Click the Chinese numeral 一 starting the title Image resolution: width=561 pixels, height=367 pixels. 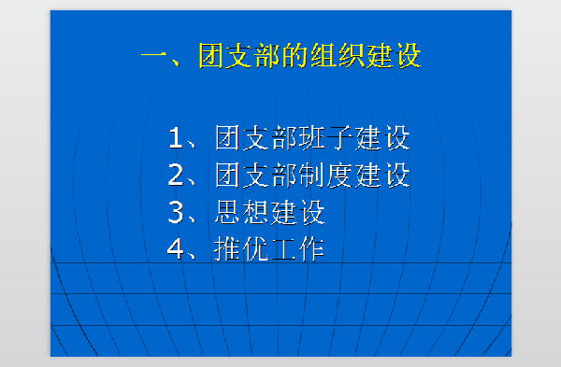(154, 56)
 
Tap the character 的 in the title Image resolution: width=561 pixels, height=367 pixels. (309, 56)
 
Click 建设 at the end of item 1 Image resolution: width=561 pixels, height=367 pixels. (382, 138)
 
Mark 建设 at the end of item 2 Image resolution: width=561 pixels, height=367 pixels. (382, 175)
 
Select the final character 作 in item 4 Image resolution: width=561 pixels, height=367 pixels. (311, 248)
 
